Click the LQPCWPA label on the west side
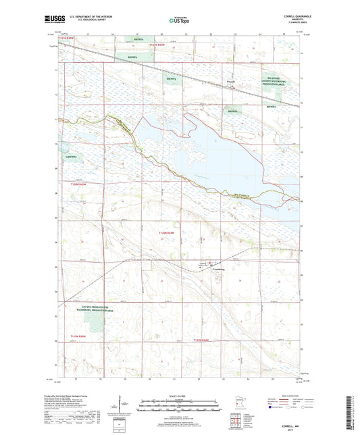click(71, 157)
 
